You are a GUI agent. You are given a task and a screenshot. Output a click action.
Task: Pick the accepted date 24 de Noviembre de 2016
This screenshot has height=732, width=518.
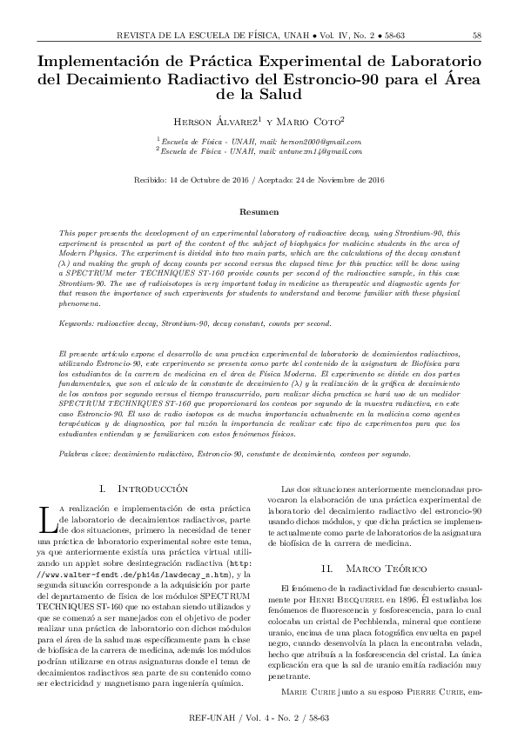tap(334, 180)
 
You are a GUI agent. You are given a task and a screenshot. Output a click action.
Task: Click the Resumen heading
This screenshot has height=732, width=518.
tap(259, 211)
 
